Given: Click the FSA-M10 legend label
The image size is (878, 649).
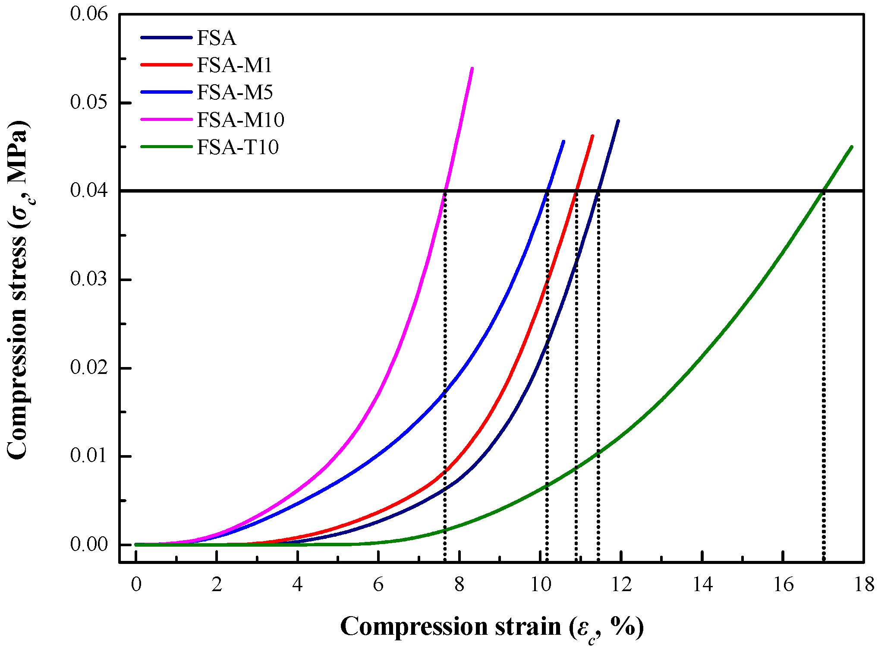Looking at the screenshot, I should pyautogui.click(x=240, y=120).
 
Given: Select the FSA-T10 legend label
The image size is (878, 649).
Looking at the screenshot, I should pyautogui.click(x=238, y=147).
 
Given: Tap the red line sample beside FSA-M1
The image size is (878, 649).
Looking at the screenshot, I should pyautogui.click(x=166, y=65).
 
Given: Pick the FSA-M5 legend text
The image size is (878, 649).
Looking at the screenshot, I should pyautogui.click(x=235, y=92).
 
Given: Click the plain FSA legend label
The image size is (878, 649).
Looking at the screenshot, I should pyautogui.click(x=217, y=38).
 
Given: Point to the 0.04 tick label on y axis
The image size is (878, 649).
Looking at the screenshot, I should pyautogui.click(x=89, y=190).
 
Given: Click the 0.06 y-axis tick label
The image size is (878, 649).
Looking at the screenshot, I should pyautogui.click(x=89, y=14).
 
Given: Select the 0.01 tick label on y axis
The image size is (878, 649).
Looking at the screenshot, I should pyautogui.click(x=89, y=456).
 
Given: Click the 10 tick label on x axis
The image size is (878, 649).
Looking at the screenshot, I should pyautogui.click(x=540, y=585).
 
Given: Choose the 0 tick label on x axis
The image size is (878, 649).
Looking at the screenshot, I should pyautogui.click(x=136, y=585).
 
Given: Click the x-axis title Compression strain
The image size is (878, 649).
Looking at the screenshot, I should pyautogui.click(x=492, y=627).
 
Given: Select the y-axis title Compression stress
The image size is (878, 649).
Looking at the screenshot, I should pyautogui.click(x=18, y=289).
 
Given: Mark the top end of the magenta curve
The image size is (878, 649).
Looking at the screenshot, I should pyautogui.click(x=472, y=68).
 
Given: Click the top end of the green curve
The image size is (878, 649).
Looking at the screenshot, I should pyautogui.click(x=852, y=147).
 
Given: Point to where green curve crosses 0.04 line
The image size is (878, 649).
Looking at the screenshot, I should pyautogui.click(x=824, y=190).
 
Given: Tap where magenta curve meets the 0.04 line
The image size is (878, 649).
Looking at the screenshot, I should pyautogui.click(x=445, y=190).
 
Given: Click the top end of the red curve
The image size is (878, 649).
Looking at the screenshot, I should pyautogui.click(x=592, y=136).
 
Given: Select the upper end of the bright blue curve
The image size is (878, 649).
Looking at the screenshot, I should pyautogui.click(x=563, y=141).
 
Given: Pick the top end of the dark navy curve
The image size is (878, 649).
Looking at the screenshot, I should pyautogui.click(x=618, y=121).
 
